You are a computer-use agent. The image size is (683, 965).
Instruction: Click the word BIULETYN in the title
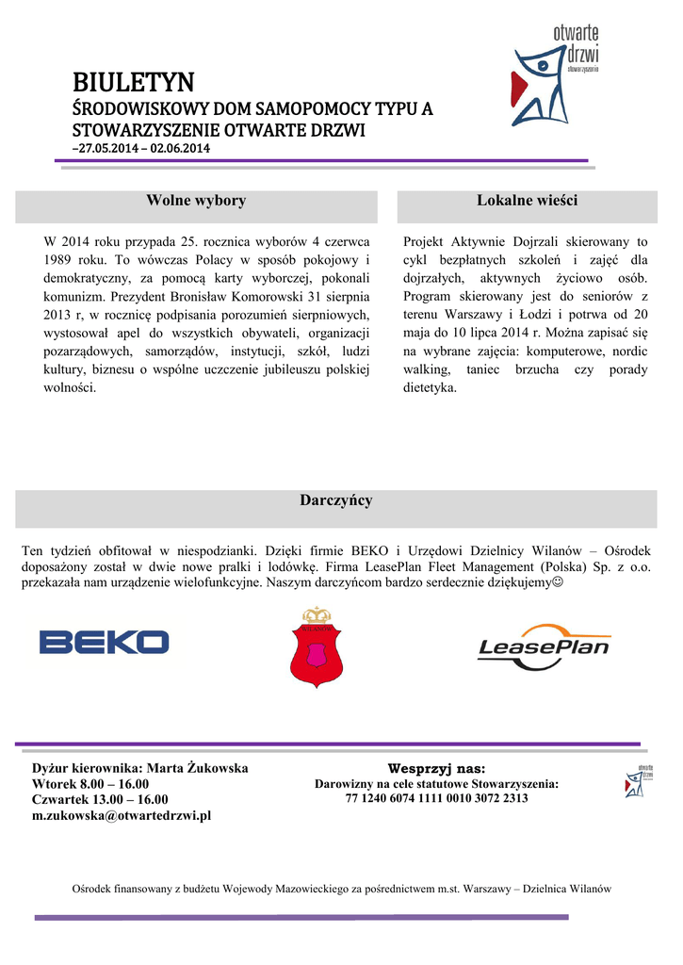coord(134,82)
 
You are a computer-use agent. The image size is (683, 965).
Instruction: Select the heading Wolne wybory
coord(196,201)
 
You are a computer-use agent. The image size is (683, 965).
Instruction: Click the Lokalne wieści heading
coord(527,201)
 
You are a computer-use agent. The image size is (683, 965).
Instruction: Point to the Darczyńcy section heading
coord(335,500)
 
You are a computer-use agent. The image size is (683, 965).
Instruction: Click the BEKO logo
coord(104,643)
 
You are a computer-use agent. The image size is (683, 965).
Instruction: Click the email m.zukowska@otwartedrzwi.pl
coord(122,816)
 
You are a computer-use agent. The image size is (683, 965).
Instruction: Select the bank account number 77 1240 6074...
coord(436,798)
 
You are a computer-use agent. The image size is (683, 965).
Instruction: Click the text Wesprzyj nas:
coord(436,769)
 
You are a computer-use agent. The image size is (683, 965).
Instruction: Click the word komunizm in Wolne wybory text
coord(70,295)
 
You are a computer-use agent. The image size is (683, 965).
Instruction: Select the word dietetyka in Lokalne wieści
coord(429,387)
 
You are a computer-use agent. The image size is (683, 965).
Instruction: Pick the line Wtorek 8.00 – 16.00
coord(90,784)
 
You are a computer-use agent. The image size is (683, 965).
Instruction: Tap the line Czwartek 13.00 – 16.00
coord(100,800)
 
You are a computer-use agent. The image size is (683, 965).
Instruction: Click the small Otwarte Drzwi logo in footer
coord(640,781)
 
